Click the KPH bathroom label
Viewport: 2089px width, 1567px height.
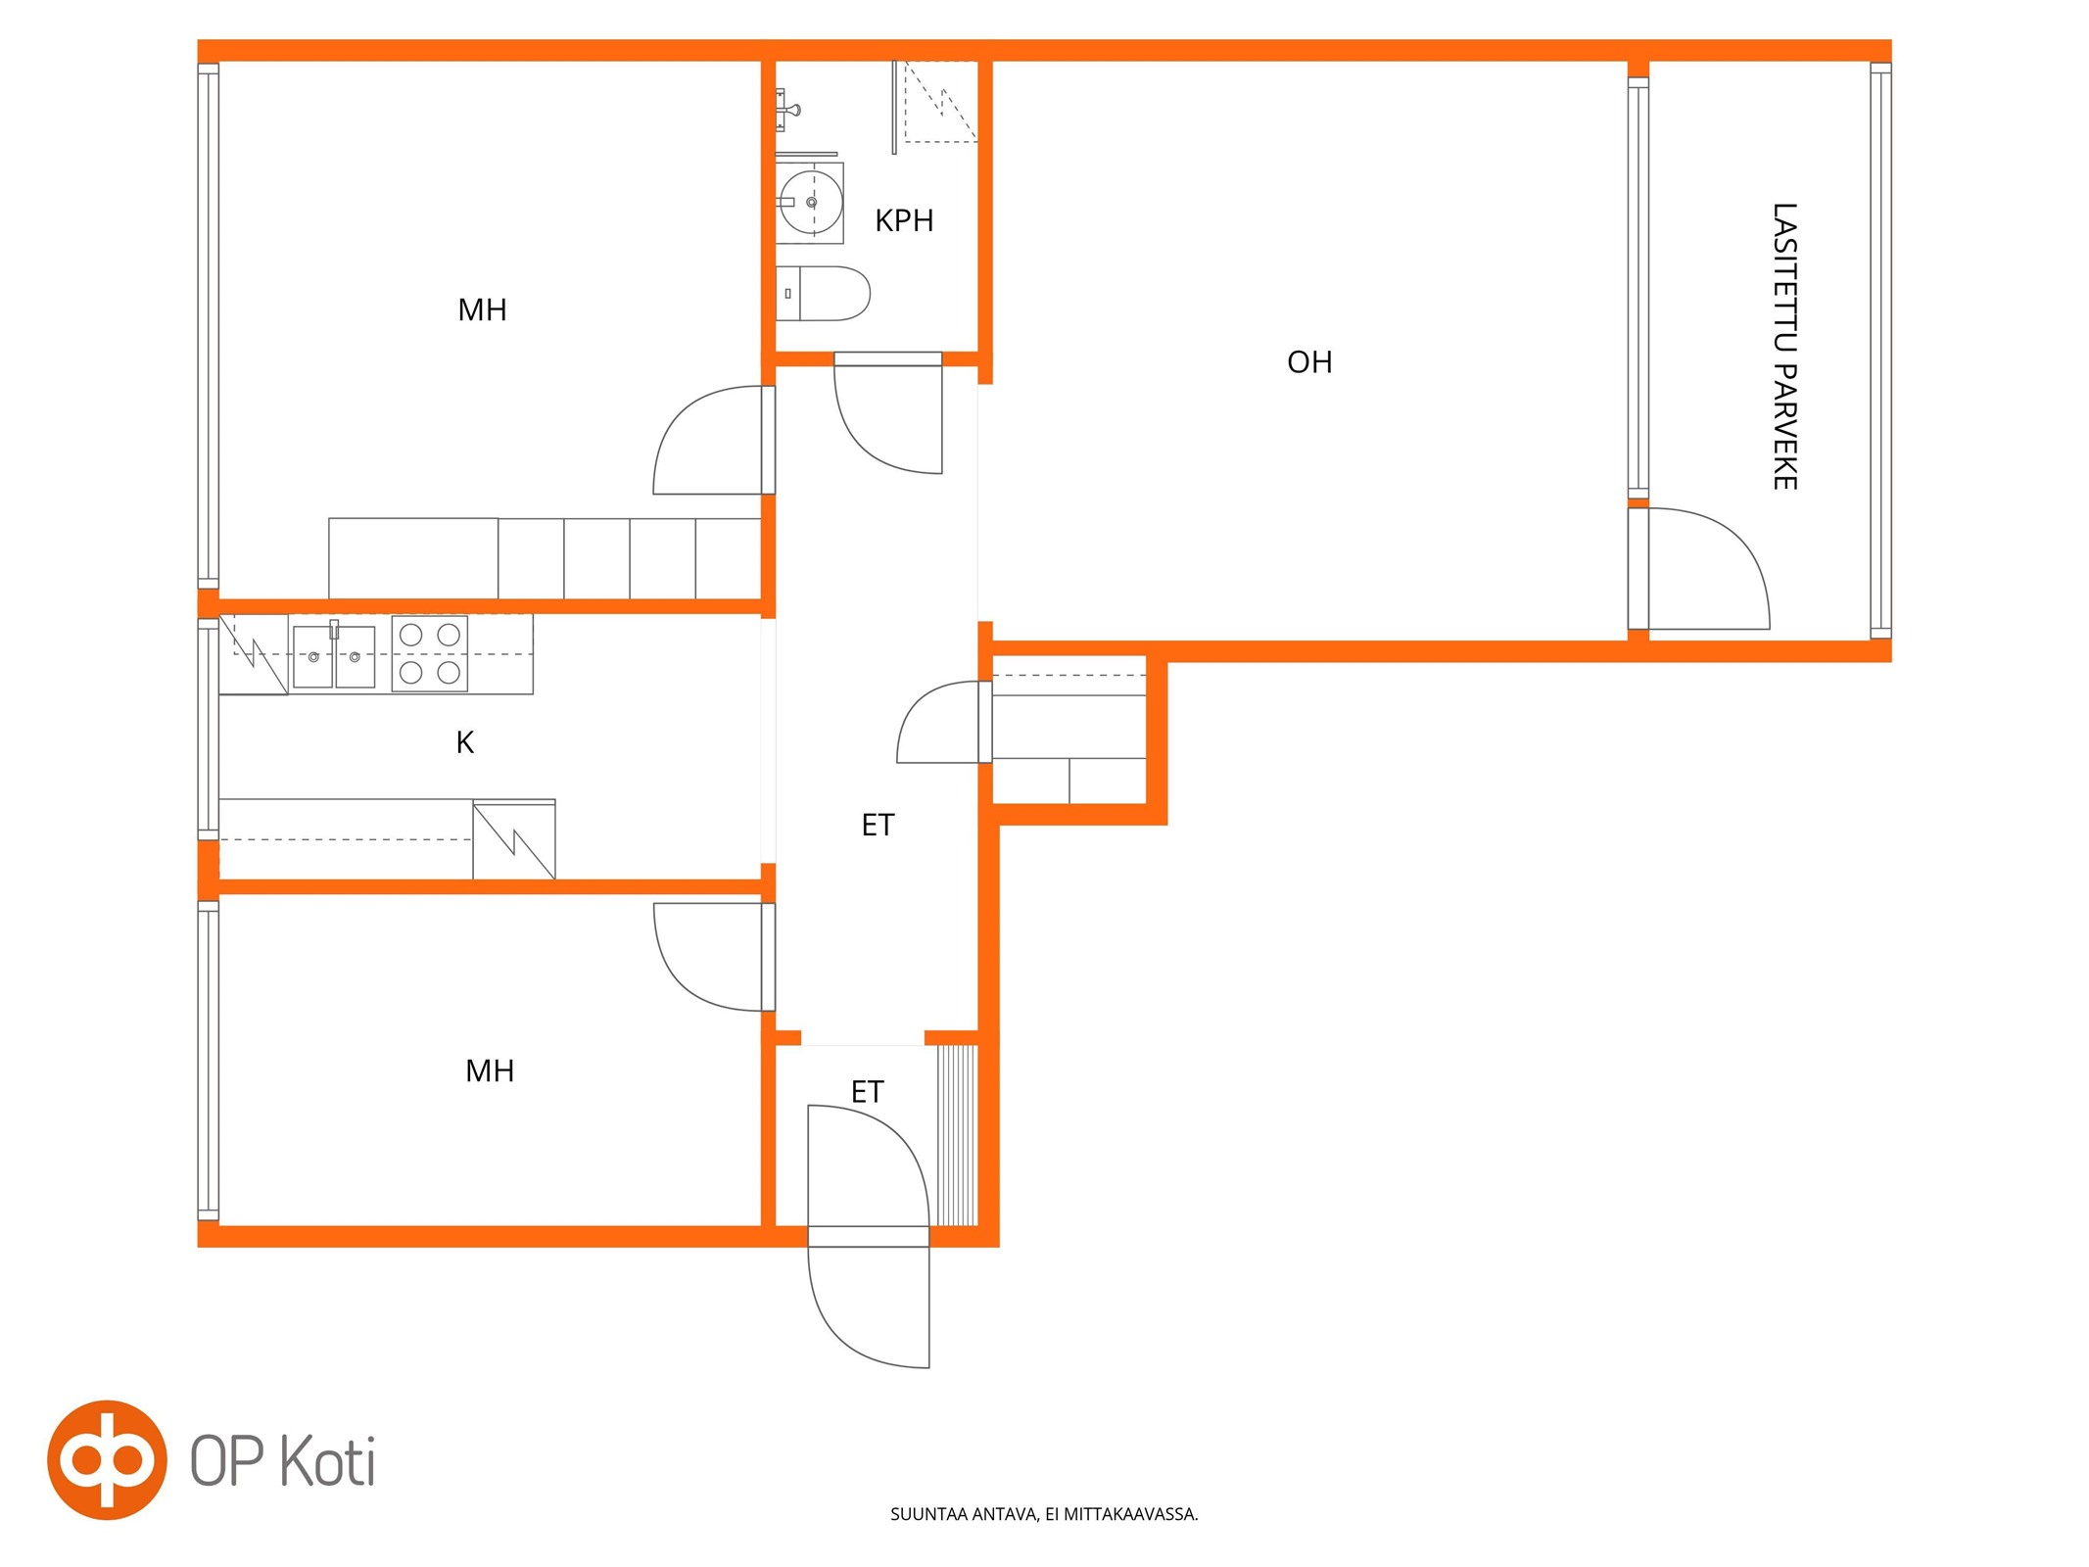point(903,220)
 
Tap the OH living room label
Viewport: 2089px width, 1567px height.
point(1309,362)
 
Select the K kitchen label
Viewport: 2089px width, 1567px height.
point(465,742)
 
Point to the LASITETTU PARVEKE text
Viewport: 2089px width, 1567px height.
point(1784,347)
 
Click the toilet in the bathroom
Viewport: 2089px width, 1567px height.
point(823,293)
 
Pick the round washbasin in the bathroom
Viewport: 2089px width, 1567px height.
point(811,203)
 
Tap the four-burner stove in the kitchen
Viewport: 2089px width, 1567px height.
point(430,653)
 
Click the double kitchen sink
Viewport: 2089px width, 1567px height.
point(334,656)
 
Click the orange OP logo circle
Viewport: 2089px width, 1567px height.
point(107,1459)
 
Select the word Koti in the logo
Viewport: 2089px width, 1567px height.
point(328,1461)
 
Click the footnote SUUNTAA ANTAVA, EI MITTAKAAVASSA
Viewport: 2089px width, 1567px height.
point(1044,1514)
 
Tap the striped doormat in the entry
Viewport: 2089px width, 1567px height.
point(957,1135)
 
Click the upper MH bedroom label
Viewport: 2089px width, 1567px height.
point(482,310)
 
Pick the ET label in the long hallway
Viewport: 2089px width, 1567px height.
point(878,826)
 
